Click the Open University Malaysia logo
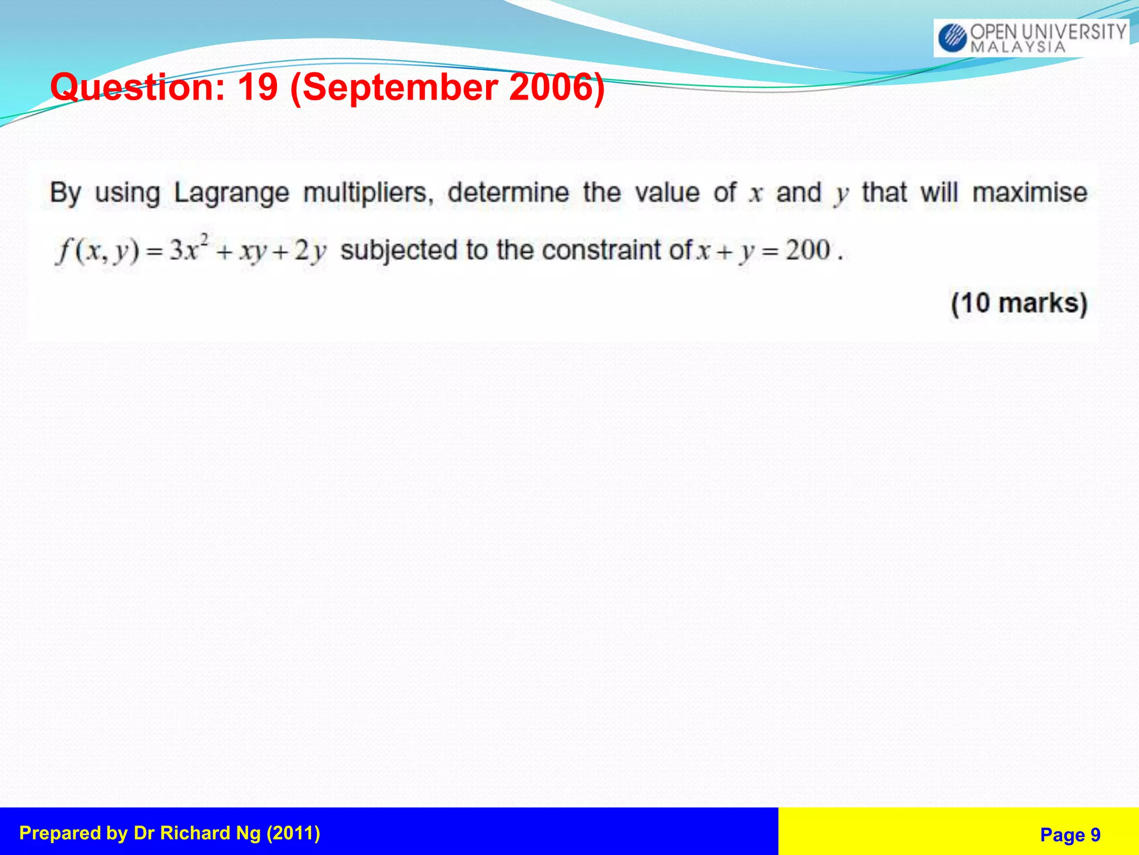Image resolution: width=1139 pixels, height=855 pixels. [x=1031, y=38]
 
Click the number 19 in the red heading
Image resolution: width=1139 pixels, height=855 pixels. [x=257, y=87]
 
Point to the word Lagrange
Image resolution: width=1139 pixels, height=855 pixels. [x=231, y=194]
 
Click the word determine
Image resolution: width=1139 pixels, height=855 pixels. [x=508, y=193]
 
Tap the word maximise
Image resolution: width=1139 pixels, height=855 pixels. [x=1029, y=193]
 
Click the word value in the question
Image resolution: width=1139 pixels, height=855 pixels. [x=667, y=193]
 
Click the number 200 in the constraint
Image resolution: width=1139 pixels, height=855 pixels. [x=808, y=250]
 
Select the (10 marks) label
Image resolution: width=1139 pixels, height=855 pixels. [x=1019, y=303]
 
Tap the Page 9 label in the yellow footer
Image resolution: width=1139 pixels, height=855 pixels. [x=1070, y=834]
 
